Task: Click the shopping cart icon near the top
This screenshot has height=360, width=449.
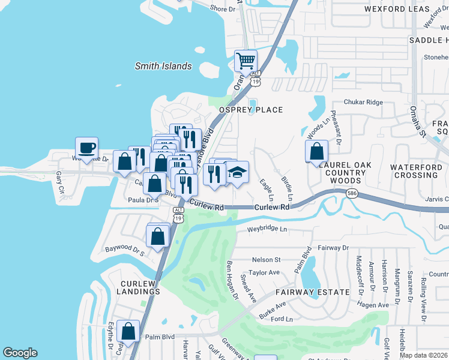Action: [245, 61]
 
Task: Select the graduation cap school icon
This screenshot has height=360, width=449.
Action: [237, 172]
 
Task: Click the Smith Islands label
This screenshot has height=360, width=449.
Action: [163, 66]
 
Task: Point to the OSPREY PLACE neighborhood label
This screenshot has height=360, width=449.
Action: [250, 110]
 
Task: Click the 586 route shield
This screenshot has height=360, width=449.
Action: [352, 193]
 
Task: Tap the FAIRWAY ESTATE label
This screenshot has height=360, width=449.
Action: [312, 292]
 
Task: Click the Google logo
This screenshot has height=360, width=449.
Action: [20, 353]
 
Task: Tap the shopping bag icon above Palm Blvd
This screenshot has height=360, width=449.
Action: [128, 331]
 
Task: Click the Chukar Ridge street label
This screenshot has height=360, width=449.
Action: [363, 103]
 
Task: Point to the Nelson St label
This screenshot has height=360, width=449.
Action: [267, 260]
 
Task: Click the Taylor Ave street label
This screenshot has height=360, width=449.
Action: [265, 272]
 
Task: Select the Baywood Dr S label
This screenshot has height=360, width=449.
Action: [125, 248]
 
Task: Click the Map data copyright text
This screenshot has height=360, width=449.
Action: [424, 354]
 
